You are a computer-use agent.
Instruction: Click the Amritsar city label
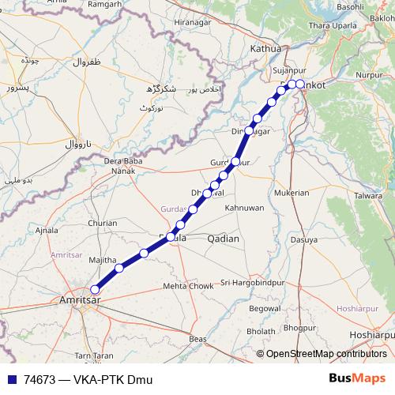click(x=83, y=300)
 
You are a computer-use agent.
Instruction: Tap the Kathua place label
click(x=265, y=49)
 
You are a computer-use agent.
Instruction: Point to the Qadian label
click(x=222, y=238)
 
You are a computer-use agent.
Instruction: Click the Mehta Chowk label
click(x=188, y=286)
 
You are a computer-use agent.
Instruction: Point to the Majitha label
click(x=102, y=259)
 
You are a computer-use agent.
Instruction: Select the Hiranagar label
click(x=195, y=23)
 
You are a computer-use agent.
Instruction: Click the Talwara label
click(x=368, y=194)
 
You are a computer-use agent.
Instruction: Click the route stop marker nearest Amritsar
click(x=96, y=289)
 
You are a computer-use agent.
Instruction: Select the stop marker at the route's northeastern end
click(x=300, y=84)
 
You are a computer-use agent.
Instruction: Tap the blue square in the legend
click(x=12, y=380)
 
